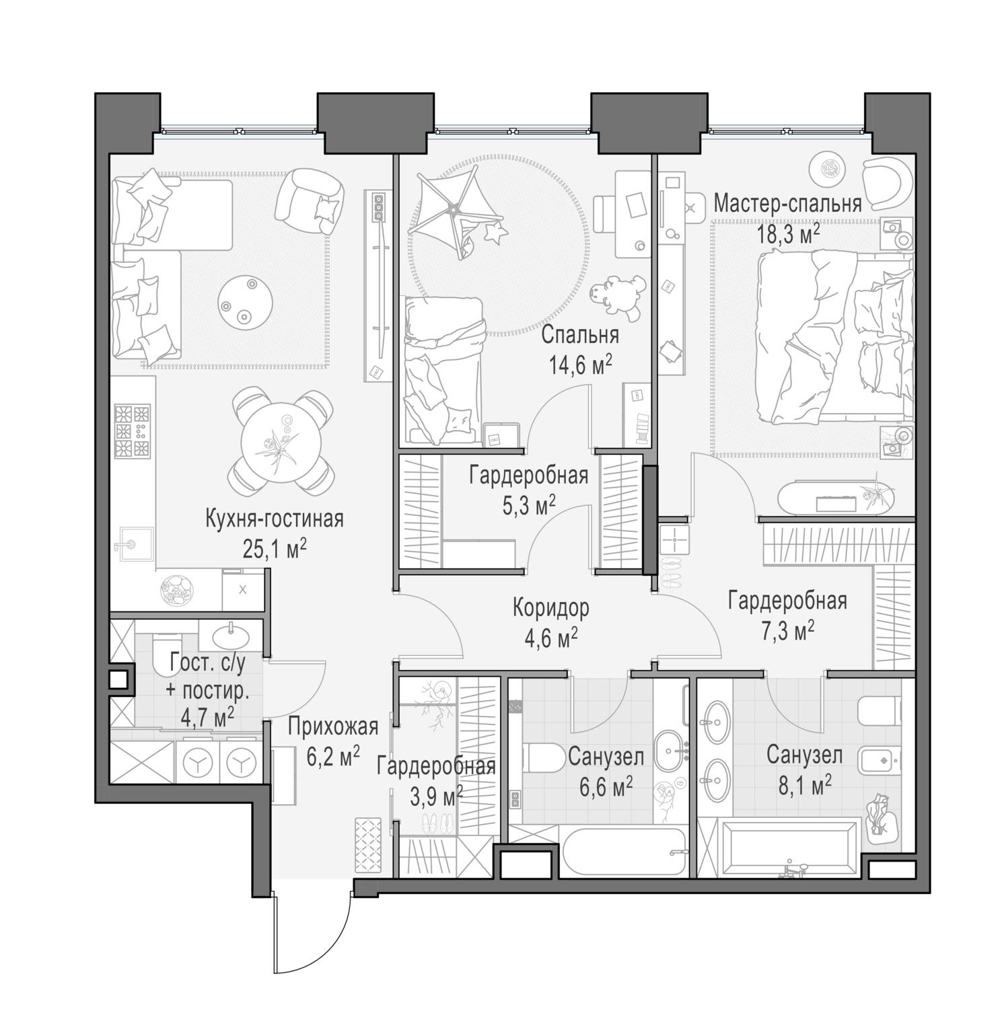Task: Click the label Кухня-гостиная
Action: (x=274, y=519)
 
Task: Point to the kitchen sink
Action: (x=133, y=544)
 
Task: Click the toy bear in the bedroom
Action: (x=618, y=296)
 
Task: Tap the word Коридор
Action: (x=550, y=607)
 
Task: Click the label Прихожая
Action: (x=333, y=726)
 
